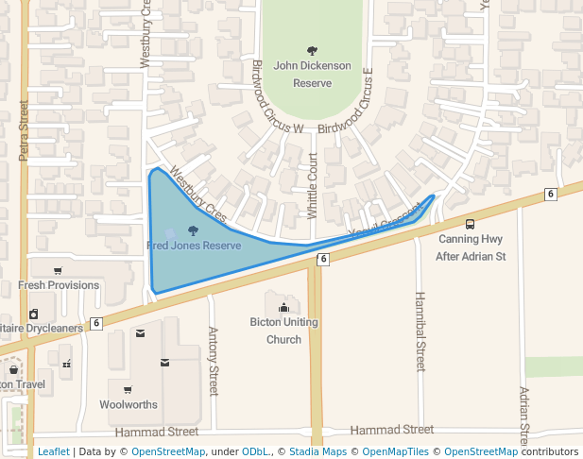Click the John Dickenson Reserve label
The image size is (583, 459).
pyautogui.click(x=312, y=75)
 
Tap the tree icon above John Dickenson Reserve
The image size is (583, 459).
pyautogui.click(x=312, y=50)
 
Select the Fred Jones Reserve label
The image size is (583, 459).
pyautogui.click(x=194, y=246)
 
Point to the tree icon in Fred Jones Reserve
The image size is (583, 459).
pyautogui.click(x=194, y=230)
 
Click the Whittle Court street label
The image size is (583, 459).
pyautogui.click(x=313, y=187)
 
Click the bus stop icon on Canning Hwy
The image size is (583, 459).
pyautogui.click(x=470, y=224)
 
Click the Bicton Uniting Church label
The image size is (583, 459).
pyautogui.click(x=283, y=331)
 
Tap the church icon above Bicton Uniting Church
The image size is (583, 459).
pyautogui.click(x=283, y=306)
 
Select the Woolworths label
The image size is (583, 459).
pyautogui.click(x=129, y=404)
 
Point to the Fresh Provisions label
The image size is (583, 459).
pyautogui.click(x=59, y=285)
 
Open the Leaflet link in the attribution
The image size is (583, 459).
pyautogui.click(x=54, y=451)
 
